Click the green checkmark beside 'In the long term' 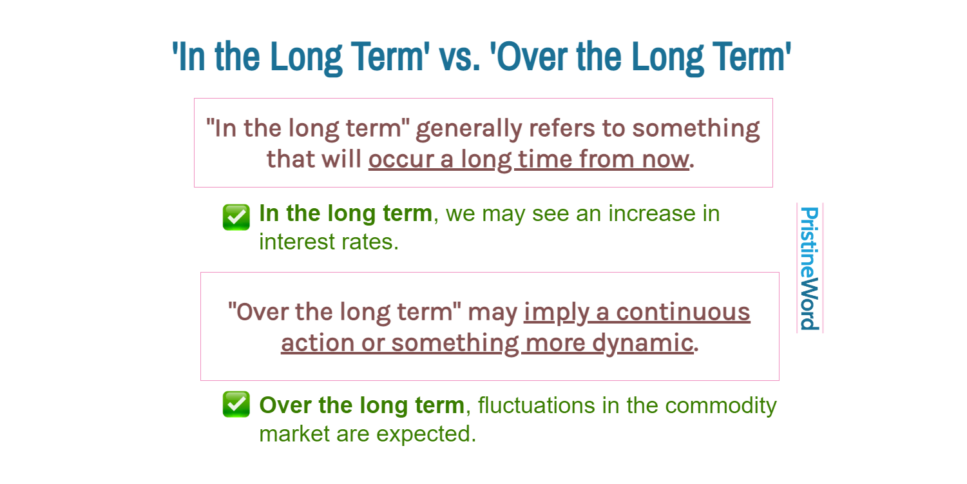click(x=236, y=217)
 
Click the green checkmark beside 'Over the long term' click(x=236, y=404)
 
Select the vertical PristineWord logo click(x=809, y=268)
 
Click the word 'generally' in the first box click(x=469, y=129)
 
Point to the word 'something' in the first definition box click(x=696, y=129)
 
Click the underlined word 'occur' click(x=401, y=159)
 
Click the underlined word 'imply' click(x=557, y=313)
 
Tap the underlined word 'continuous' click(x=683, y=312)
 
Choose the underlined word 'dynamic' click(x=642, y=344)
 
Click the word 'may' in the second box click(x=493, y=313)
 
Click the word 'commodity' click(x=721, y=406)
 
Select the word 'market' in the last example click(x=294, y=434)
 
